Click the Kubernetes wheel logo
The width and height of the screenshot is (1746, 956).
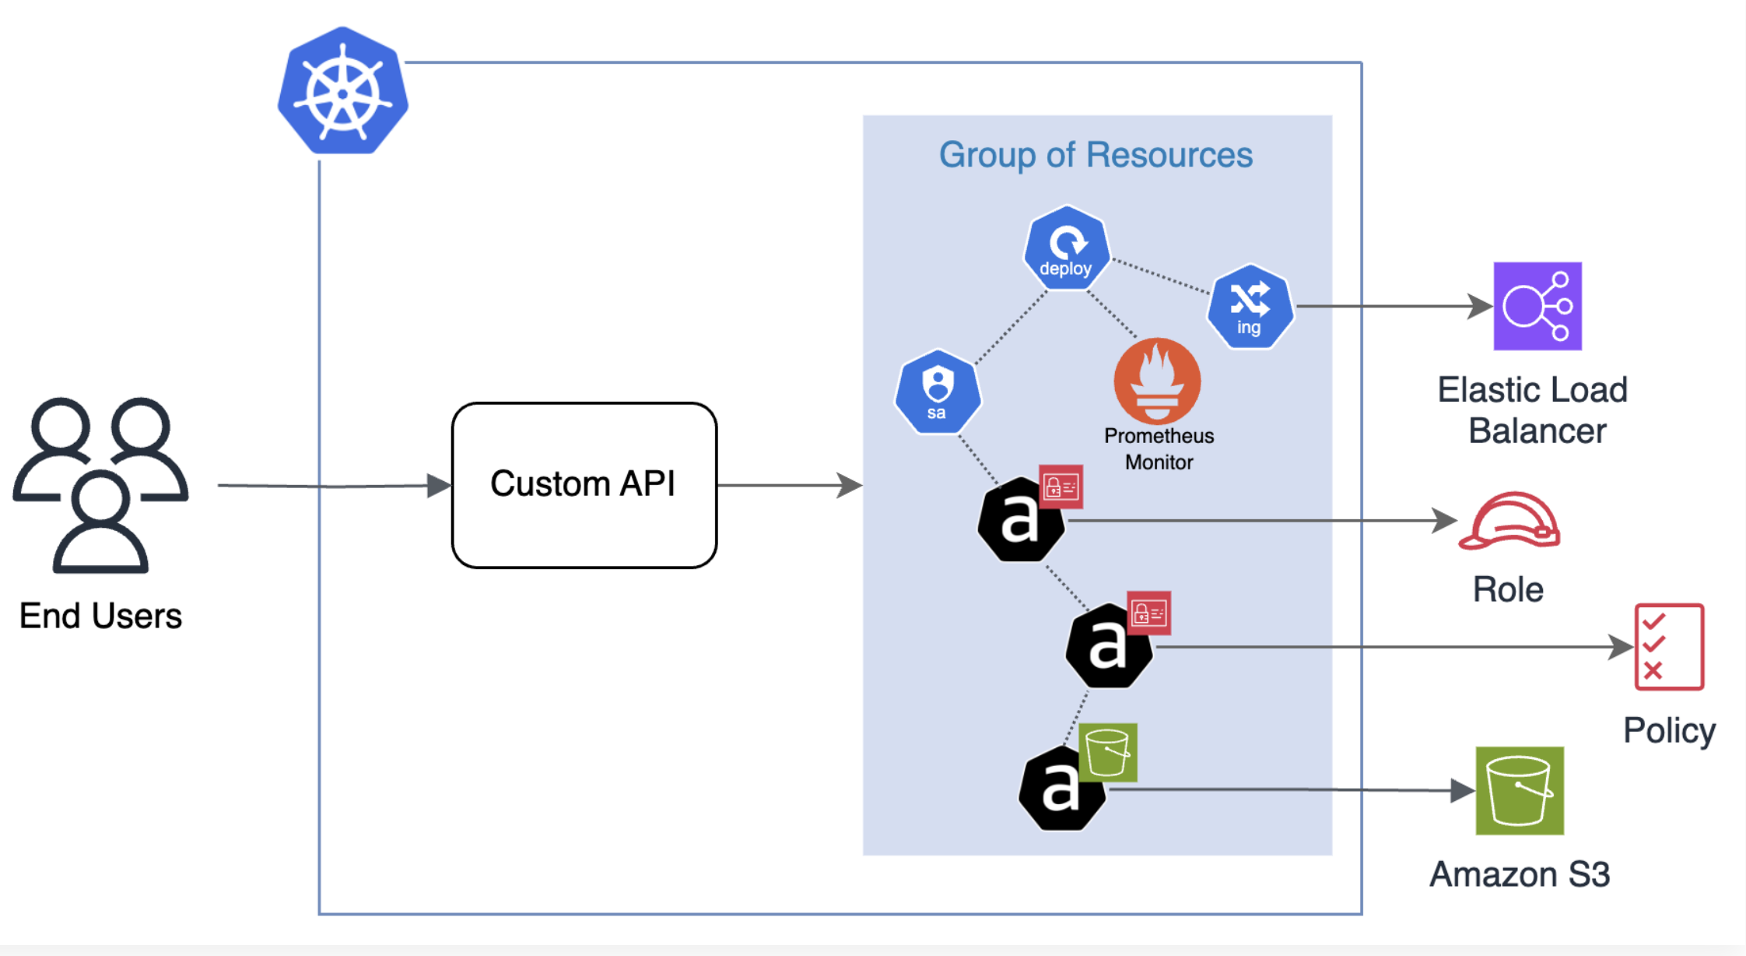tap(343, 92)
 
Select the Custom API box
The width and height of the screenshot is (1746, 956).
tap(584, 485)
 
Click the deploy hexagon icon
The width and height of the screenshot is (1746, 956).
tap(1066, 248)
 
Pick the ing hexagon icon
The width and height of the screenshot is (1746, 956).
tap(1250, 307)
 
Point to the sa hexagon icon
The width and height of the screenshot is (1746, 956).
tap(938, 392)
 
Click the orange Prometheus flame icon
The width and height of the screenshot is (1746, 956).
tap(1157, 381)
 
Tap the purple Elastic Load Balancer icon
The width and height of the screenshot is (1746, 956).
tap(1537, 306)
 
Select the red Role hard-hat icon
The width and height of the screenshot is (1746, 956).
tap(1509, 522)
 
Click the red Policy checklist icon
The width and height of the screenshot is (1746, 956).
tap(1669, 647)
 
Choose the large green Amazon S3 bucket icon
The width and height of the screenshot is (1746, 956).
tap(1520, 790)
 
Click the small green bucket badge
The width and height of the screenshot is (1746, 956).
tap(1108, 752)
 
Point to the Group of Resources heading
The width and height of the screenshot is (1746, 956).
tap(1096, 154)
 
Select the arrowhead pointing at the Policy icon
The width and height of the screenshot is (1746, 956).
tap(1622, 647)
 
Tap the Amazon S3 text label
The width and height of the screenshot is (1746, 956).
tap(1520, 874)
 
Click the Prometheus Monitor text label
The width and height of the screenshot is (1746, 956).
tap(1159, 449)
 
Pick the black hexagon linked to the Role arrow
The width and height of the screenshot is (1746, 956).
tap(1020, 520)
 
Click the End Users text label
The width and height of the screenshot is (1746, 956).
tap(100, 616)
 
